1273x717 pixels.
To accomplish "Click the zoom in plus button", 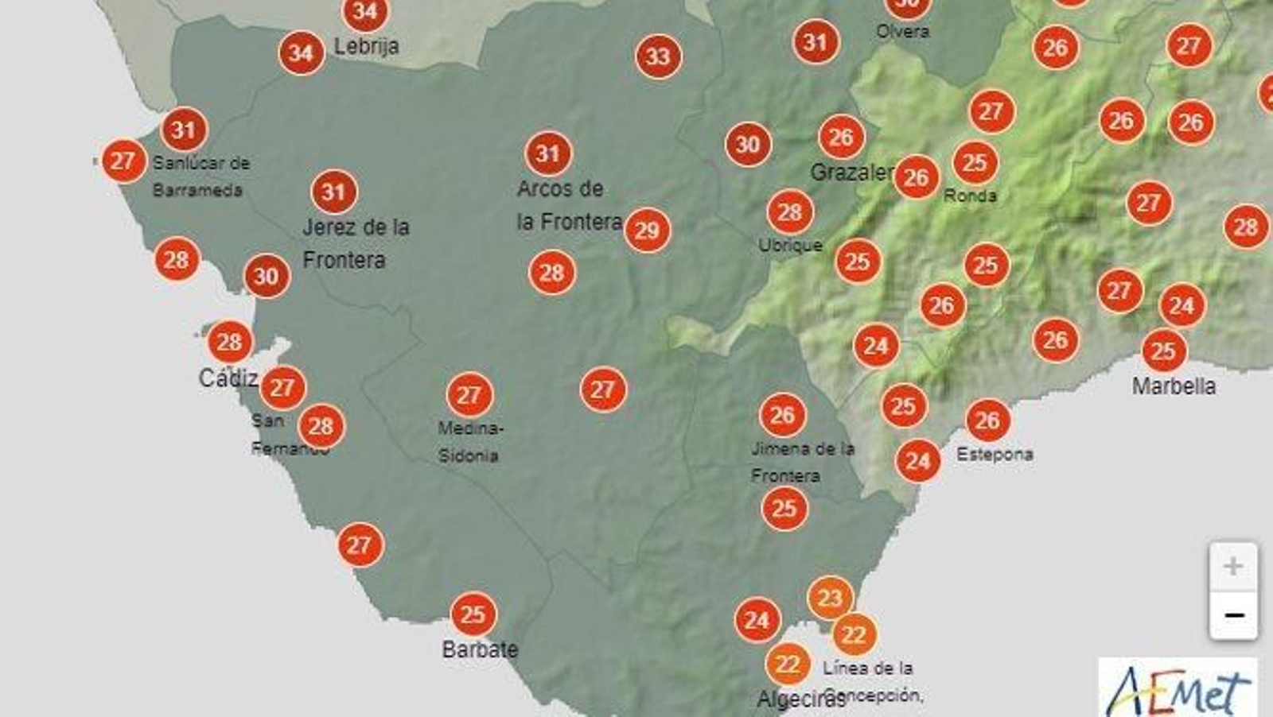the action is pyautogui.click(x=1232, y=567).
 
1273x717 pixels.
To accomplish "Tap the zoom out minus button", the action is pyautogui.click(x=1232, y=615).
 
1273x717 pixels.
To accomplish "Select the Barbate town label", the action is pyautogui.click(x=479, y=649).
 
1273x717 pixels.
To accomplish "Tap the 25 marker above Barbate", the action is pyautogui.click(x=473, y=614).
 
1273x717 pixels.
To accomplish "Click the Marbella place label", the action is pyautogui.click(x=1174, y=386).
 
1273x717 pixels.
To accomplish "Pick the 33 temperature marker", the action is pyautogui.click(x=658, y=56).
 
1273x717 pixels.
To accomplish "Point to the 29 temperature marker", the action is pyautogui.click(x=647, y=231).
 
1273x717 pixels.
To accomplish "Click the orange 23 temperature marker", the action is pyautogui.click(x=830, y=598).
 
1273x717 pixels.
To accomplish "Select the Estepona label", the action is pyautogui.click(x=995, y=454).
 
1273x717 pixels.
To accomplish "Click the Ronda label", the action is pyautogui.click(x=970, y=195).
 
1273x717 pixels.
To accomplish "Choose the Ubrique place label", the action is pyautogui.click(x=790, y=246).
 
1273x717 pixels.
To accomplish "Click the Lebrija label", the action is pyautogui.click(x=366, y=46).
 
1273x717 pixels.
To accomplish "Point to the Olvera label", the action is pyautogui.click(x=902, y=32).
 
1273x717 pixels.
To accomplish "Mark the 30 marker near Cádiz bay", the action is pyautogui.click(x=267, y=276).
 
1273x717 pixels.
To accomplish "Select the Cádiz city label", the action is pyautogui.click(x=228, y=378).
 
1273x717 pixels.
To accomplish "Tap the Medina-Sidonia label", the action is pyautogui.click(x=469, y=442).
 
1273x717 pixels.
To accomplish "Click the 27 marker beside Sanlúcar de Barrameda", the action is pyautogui.click(x=123, y=161).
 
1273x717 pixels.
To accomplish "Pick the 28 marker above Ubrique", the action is pyautogui.click(x=789, y=212).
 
